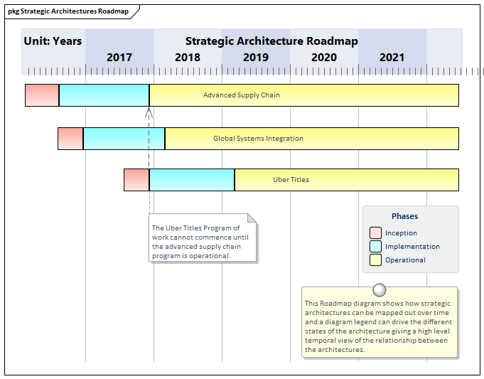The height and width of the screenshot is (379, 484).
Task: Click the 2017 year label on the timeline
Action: [119, 58]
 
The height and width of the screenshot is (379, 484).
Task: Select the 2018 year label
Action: [188, 58]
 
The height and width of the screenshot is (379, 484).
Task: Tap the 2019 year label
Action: [256, 58]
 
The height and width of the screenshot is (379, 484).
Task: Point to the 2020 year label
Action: [324, 58]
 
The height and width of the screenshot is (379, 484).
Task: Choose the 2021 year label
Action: [392, 58]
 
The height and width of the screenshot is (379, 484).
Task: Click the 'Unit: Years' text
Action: [53, 41]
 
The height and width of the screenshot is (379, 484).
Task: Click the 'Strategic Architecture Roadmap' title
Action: [271, 41]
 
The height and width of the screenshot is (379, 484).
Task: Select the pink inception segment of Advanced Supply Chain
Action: [42, 95]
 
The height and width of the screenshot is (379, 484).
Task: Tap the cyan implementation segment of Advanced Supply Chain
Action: [104, 95]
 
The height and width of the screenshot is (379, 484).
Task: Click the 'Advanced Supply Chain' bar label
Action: [242, 95]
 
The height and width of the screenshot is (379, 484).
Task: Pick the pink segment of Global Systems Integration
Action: [70, 139]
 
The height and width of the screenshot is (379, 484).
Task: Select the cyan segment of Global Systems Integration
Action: [124, 139]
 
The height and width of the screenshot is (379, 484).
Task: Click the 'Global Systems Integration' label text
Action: [258, 139]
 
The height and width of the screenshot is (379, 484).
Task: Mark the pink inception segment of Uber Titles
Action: [136, 180]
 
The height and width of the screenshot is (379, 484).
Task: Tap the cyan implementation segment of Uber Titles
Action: [191, 180]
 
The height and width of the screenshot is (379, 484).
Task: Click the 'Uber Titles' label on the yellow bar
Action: [291, 180]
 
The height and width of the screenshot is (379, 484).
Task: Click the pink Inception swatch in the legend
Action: [376, 233]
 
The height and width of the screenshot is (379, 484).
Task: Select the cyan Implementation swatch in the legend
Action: [376, 247]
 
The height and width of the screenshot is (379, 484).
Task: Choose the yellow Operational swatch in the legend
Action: [376, 260]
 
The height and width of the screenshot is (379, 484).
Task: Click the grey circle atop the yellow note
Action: [380, 290]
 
